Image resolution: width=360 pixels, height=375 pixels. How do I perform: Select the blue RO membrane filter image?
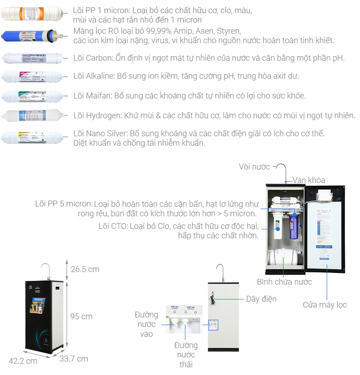[x=31, y=36]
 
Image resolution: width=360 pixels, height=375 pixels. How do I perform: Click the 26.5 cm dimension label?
[x=85, y=269]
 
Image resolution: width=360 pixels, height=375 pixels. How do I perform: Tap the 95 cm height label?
[x=81, y=317]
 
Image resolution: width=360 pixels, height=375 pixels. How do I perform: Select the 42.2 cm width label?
[x=23, y=361]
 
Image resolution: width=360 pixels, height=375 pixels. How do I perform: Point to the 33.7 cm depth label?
[x=74, y=358]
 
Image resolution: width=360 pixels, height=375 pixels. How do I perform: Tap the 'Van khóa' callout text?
[x=309, y=180]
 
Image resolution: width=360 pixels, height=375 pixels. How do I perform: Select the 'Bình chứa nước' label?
[x=284, y=282]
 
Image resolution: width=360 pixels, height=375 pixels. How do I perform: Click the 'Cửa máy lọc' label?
[x=324, y=305]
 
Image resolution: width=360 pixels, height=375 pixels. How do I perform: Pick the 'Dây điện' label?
[x=261, y=299]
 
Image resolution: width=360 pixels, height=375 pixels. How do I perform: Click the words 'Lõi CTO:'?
[x=113, y=226]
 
